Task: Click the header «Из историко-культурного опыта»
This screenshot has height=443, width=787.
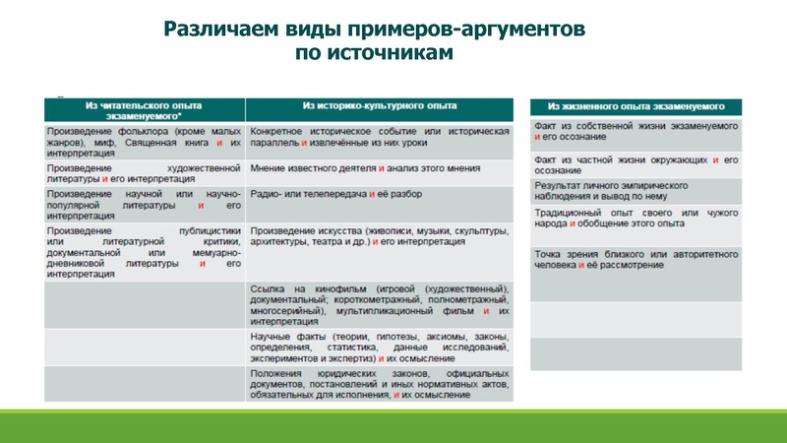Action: pos(379,105)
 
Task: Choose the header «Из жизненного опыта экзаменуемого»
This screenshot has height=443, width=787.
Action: pos(636,105)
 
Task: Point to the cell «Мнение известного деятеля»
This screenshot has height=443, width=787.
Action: pos(379,169)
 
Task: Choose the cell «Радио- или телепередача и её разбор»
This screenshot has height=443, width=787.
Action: pos(379,195)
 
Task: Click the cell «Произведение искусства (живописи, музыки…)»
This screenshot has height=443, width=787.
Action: pos(379,237)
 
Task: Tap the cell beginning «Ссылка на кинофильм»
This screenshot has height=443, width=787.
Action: pos(379,303)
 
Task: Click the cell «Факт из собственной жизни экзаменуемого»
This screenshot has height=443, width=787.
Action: pos(636,132)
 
